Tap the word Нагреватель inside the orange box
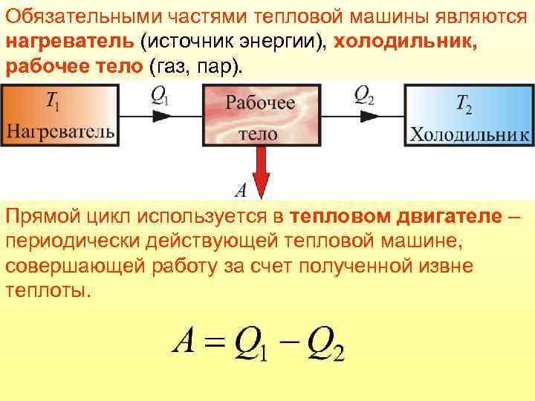[60, 132]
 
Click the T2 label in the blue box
[464, 105]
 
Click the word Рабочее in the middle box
[259, 102]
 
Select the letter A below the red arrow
[241, 190]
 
